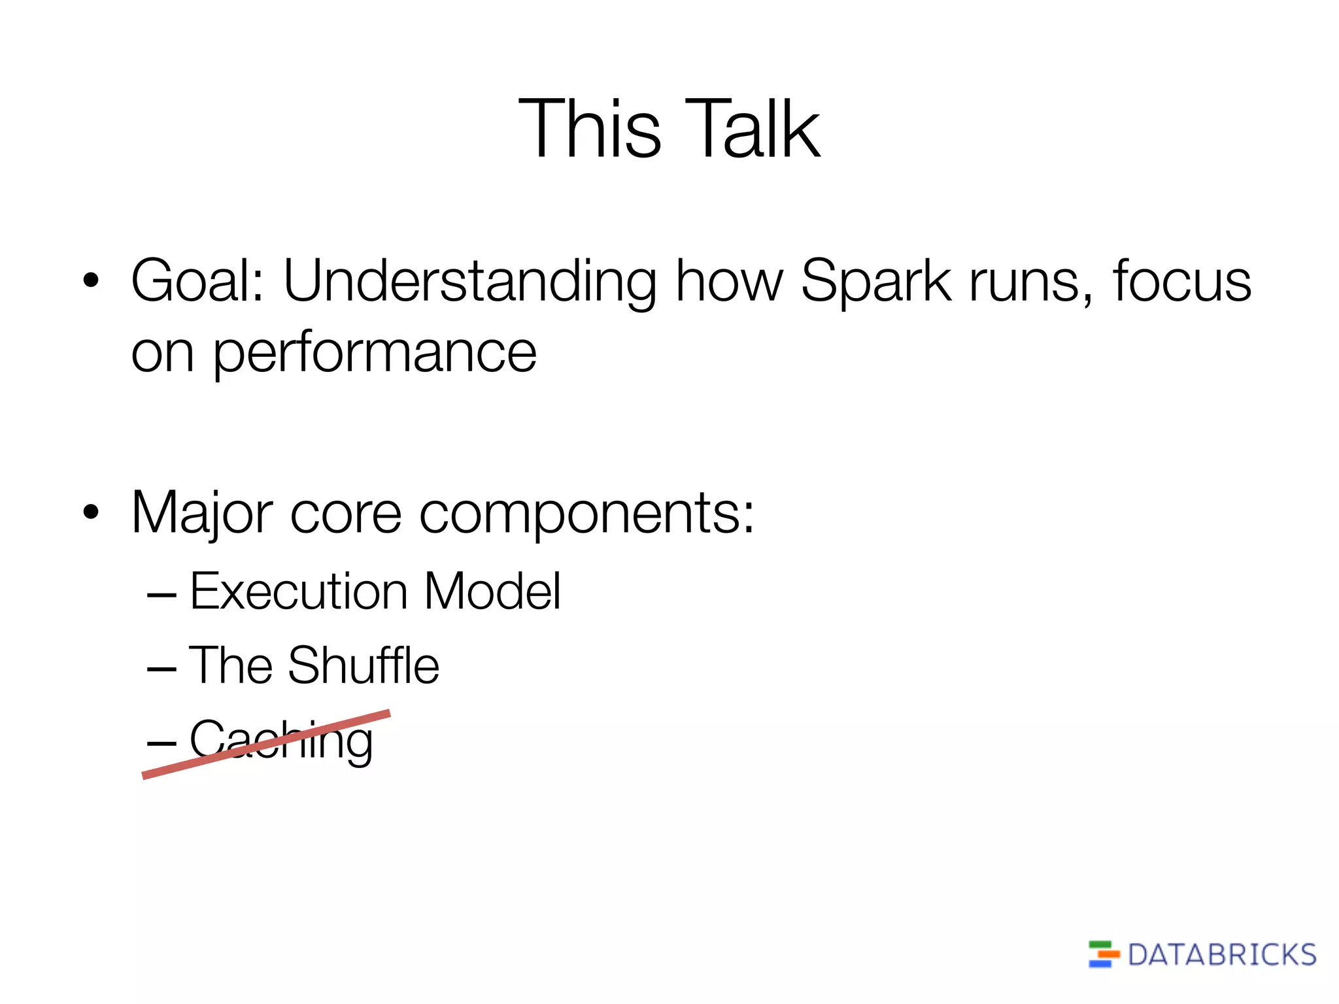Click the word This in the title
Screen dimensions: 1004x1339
(x=590, y=129)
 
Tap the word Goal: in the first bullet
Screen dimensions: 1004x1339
(x=197, y=281)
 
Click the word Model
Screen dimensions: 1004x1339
(x=492, y=592)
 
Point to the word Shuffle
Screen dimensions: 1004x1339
(x=364, y=665)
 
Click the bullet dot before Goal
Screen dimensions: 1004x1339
(x=91, y=281)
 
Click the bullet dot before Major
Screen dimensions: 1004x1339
(x=91, y=513)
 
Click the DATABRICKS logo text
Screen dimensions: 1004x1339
(x=1221, y=955)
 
